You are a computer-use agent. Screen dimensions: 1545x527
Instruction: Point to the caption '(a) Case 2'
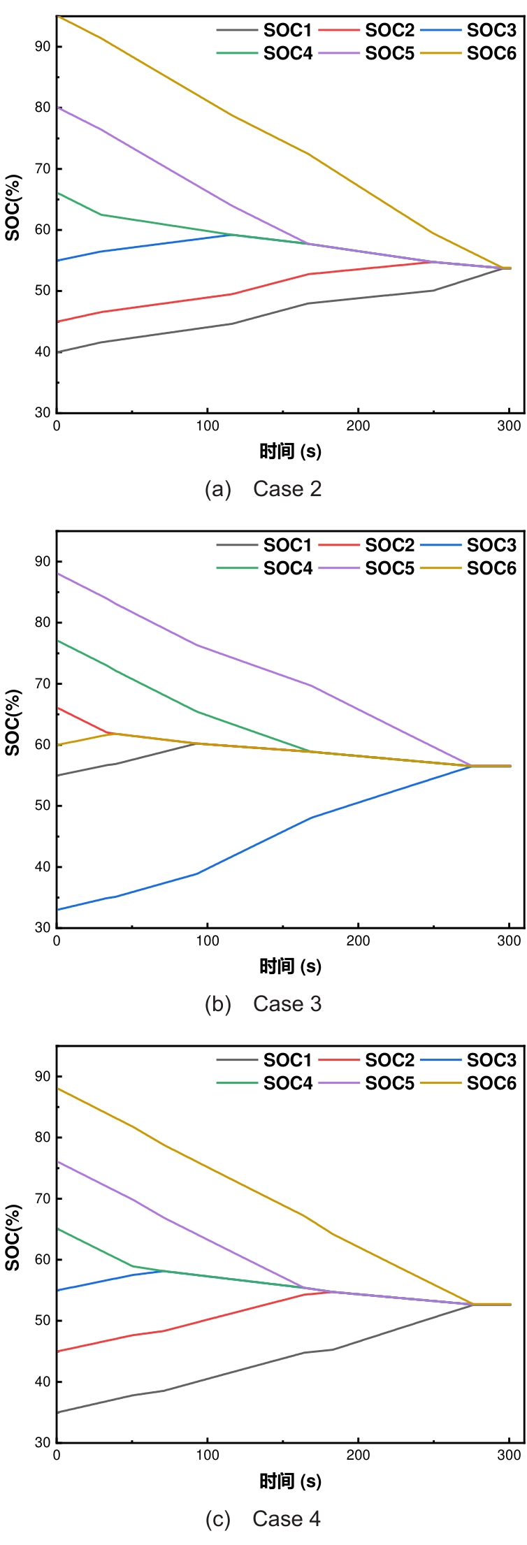(263, 489)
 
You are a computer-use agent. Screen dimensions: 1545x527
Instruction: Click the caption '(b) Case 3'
(263, 1004)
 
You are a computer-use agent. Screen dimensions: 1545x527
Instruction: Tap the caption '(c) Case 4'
(263, 1518)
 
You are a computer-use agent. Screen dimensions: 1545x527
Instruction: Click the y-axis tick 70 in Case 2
(43, 169)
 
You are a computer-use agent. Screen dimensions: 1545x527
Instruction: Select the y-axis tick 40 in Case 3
(43, 867)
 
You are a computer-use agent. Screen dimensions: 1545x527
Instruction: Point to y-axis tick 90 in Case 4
(43, 1077)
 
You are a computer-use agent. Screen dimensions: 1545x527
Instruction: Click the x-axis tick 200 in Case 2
(358, 426)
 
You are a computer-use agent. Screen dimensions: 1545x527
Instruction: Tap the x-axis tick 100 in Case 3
(208, 941)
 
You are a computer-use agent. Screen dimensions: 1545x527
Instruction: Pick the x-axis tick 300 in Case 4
(510, 1456)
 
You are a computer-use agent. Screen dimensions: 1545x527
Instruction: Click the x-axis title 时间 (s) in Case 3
(290, 966)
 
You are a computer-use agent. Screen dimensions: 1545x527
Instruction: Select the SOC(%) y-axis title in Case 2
(13, 208)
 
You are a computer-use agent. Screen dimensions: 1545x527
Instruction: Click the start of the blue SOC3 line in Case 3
(57, 910)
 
